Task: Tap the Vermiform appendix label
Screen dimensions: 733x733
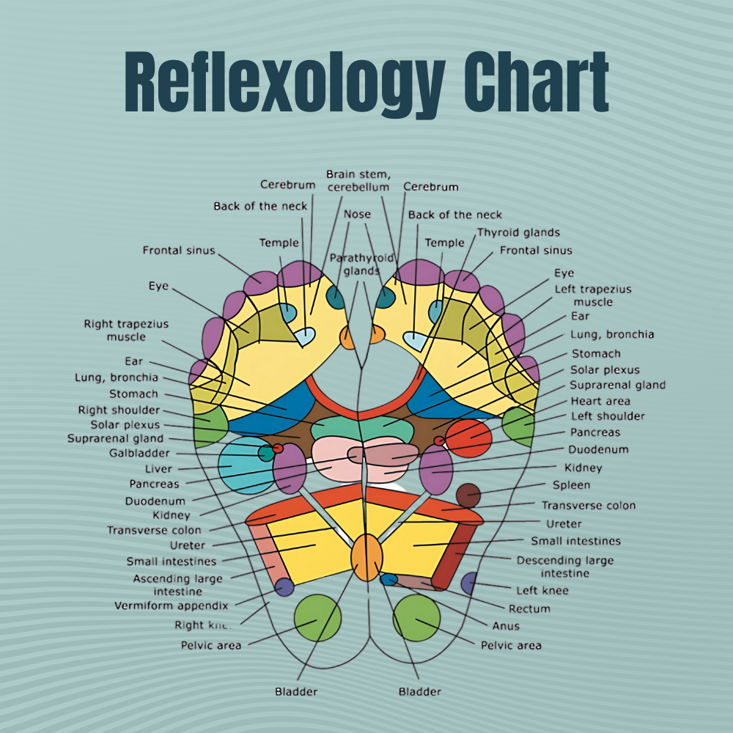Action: (171, 606)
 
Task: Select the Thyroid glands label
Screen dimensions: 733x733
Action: (518, 232)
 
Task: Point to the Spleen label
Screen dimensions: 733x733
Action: (571, 485)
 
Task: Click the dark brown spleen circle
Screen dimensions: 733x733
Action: (468, 496)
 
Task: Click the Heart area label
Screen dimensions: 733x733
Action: (600, 401)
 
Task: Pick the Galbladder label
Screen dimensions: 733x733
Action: (139, 454)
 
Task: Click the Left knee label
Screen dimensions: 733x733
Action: (542, 590)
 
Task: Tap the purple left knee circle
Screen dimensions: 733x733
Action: (469, 583)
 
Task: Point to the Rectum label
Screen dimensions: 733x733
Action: (528, 608)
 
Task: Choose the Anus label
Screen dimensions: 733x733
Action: (506, 626)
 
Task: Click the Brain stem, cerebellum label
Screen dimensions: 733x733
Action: (358, 180)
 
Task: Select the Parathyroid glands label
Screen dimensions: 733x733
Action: (361, 264)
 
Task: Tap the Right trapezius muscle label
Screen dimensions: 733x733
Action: (126, 330)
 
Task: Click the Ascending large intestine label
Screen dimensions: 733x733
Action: (177, 584)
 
